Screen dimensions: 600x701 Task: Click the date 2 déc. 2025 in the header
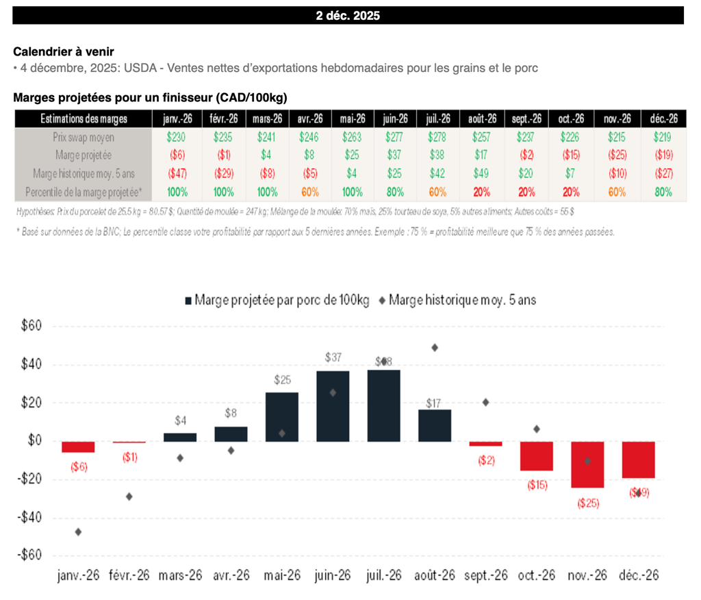click(x=348, y=16)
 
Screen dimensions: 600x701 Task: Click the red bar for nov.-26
click(x=587, y=464)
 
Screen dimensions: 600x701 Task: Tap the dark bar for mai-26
click(x=282, y=416)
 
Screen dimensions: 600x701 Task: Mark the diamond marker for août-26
click(x=435, y=347)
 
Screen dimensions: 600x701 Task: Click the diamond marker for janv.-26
click(x=78, y=532)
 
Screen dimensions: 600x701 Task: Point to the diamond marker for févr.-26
click(x=129, y=496)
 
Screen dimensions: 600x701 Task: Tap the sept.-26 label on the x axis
click(x=485, y=575)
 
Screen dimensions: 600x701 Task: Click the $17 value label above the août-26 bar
click(x=435, y=403)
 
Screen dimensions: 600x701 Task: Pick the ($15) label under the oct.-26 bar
click(x=536, y=485)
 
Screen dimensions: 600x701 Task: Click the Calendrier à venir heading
click(x=64, y=51)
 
